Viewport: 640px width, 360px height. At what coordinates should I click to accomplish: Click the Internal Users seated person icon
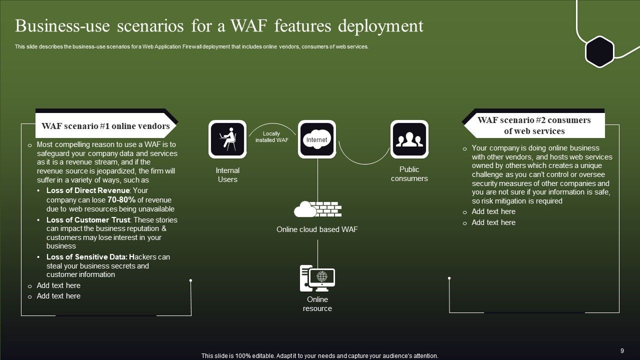point(227,139)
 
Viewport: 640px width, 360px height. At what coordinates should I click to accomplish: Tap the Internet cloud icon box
point(316,139)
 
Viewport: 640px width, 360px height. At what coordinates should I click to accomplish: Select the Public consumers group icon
point(409,139)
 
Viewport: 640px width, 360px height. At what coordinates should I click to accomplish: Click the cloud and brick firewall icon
point(317,209)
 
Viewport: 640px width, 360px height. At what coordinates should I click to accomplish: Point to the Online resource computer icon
point(317,278)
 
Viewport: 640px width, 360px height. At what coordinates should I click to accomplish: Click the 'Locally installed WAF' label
point(271,137)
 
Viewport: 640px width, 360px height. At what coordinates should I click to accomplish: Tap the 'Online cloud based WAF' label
point(317,229)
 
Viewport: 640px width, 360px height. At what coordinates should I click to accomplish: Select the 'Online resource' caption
point(317,304)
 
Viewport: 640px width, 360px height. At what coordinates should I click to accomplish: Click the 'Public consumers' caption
point(409,174)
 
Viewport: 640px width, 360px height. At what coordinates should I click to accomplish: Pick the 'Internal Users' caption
point(227,175)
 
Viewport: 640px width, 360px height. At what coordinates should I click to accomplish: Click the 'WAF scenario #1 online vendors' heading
point(105,126)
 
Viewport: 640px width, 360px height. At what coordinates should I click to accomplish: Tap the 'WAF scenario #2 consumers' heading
point(534,125)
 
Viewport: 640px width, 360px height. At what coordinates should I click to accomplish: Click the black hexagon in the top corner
point(599,51)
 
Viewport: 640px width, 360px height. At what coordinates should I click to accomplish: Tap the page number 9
point(622,351)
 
